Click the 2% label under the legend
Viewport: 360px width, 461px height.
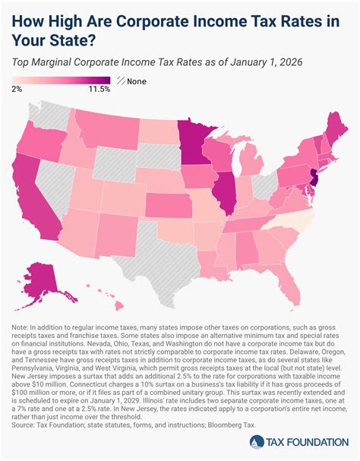(x=17, y=90)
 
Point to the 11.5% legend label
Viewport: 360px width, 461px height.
(x=99, y=90)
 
